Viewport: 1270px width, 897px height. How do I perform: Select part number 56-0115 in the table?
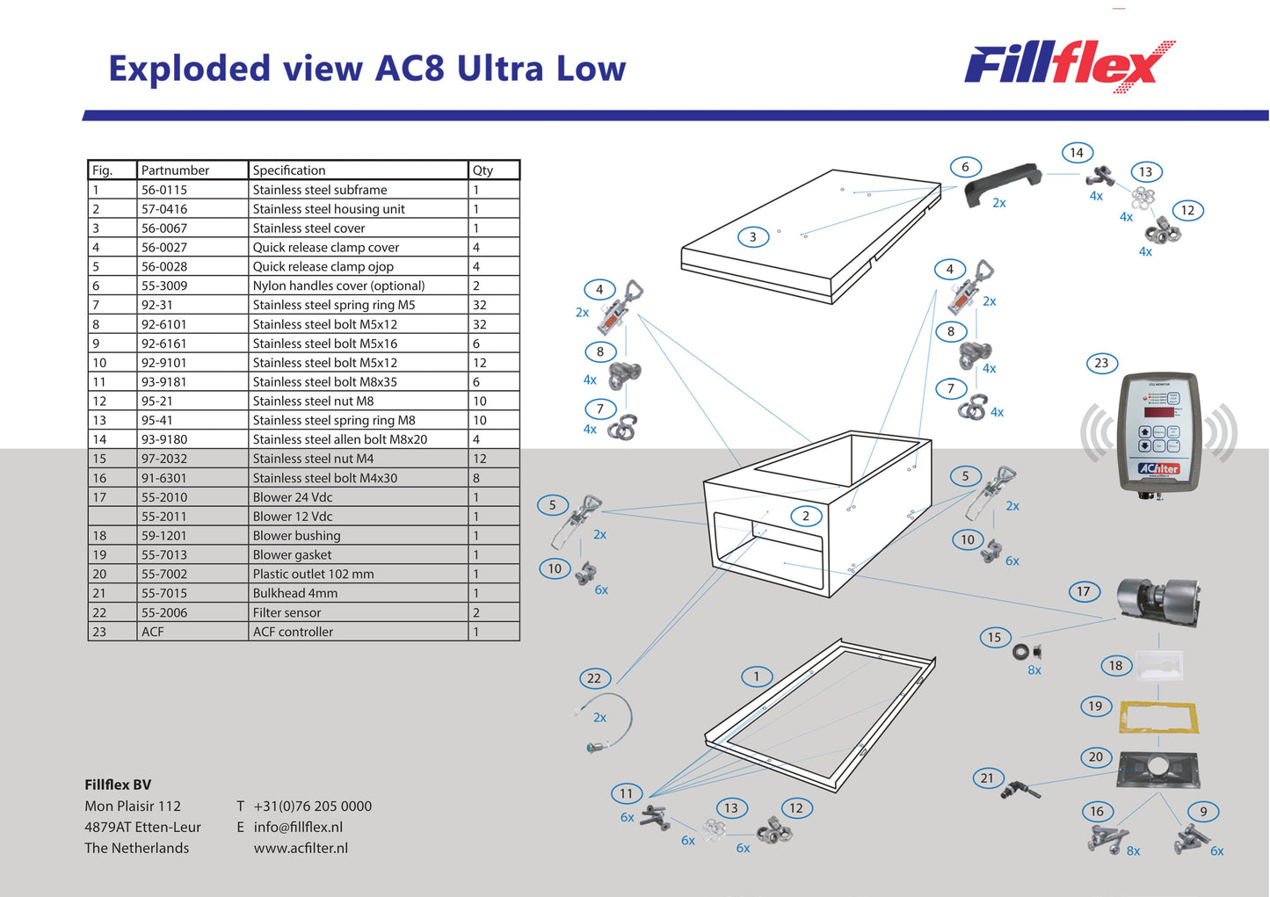(164, 190)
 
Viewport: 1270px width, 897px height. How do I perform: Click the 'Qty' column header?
(483, 170)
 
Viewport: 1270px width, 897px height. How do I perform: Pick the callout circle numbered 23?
(1101, 363)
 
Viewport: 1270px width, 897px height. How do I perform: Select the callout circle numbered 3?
(752, 236)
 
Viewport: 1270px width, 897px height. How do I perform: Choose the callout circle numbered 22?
(594, 678)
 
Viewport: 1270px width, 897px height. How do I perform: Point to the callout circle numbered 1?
(756, 676)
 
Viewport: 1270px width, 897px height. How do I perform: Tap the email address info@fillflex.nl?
(298, 828)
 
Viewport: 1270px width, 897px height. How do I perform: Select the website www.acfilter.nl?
(301, 849)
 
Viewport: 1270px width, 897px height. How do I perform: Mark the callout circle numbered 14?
(1077, 153)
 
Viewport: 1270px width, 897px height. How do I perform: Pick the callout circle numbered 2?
(805, 516)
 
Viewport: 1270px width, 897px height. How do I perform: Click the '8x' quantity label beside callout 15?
(1034, 670)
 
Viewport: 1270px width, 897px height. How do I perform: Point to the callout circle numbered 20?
(1095, 756)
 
